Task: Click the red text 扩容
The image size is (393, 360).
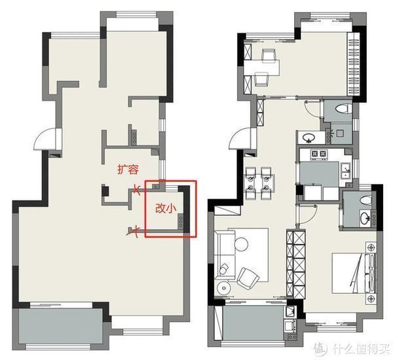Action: point(128,170)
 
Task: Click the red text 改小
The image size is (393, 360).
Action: point(166,208)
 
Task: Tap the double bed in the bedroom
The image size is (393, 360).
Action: point(354,273)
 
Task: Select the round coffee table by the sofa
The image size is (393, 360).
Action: point(241,243)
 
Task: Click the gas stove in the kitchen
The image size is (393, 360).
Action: point(319,154)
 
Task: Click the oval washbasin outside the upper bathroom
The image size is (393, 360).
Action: point(309,138)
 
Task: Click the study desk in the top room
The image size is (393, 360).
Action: point(262,67)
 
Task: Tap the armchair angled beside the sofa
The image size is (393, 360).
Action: point(248,278)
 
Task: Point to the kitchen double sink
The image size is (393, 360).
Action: point(346,170)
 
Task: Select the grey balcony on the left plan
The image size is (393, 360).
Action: point(61,326)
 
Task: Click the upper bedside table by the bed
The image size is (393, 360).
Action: point(371,247)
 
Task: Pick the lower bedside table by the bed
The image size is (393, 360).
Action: point(371,298)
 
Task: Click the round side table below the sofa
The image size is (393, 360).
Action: point(224,288)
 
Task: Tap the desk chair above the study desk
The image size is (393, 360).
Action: point(269,55)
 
